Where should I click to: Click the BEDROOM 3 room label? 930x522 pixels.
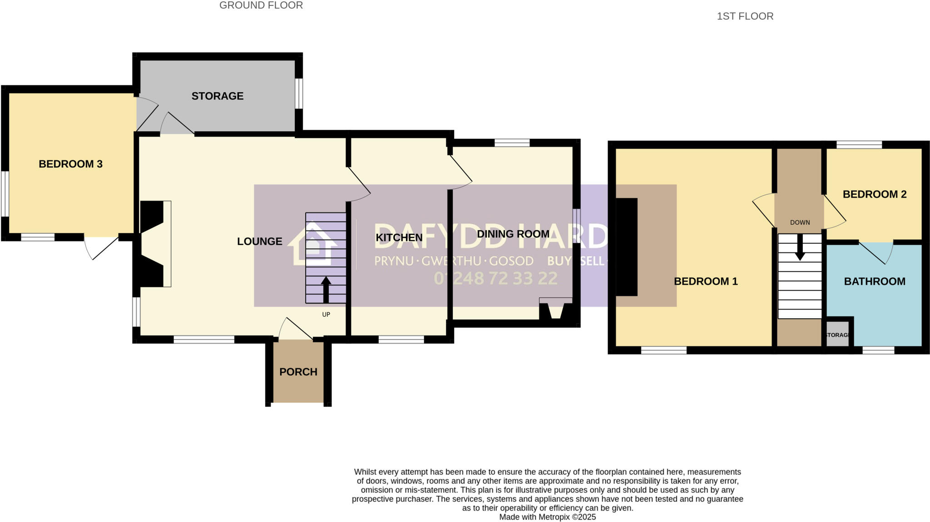click(70, 164)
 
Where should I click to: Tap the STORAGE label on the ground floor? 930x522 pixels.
click(217, 96)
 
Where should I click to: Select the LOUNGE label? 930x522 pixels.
click(259, 241)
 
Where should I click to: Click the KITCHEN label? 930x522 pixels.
click(399, 238)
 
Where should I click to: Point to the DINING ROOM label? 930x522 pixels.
click(513, 234)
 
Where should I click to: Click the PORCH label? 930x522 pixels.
click(298, 372)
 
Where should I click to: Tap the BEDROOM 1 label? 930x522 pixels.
click(705, 281)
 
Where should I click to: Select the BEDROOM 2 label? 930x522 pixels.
click(874, 194)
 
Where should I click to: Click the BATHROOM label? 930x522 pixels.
click(874, 281)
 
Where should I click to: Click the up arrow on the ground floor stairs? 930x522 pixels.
click(326, 289)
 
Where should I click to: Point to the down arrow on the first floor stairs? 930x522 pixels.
click(800, 248)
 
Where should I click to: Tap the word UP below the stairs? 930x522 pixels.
click(326, 315)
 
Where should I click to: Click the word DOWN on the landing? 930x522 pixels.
click(800, 222)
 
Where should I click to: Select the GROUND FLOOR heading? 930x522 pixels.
click(261, 5)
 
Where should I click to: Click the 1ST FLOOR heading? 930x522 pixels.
click(745, 16)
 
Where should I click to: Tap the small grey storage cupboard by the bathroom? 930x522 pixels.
click(837, 335)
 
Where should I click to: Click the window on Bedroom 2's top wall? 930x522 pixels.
click(859, 144)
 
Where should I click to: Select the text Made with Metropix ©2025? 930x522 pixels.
click(547, 517)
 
